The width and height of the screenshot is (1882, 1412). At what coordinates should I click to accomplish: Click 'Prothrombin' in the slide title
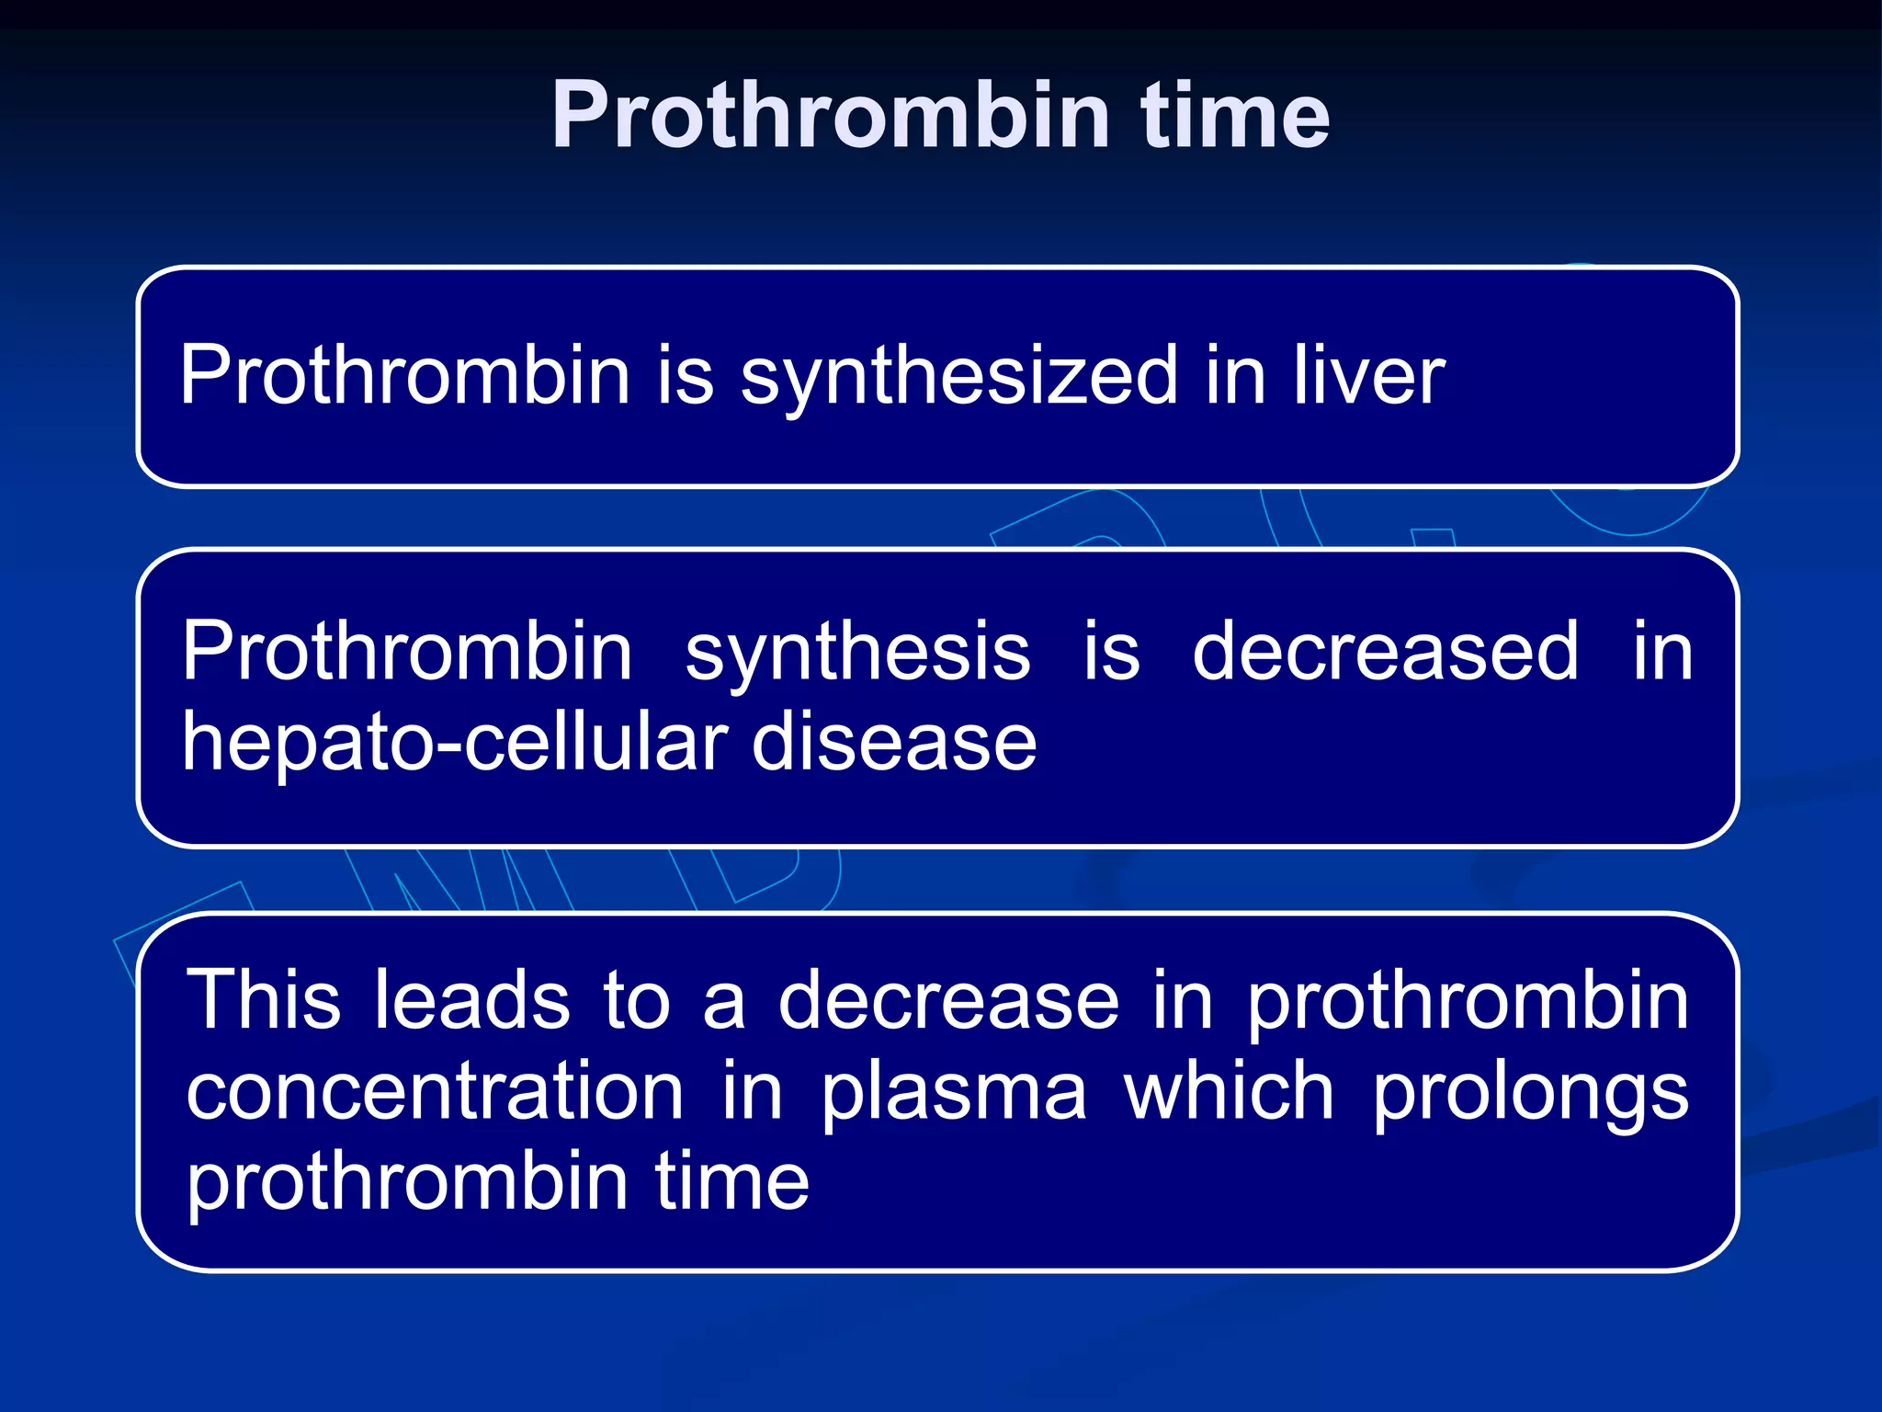[x=831, y=116]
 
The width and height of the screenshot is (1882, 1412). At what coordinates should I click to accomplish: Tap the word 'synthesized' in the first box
[x=958, y=377]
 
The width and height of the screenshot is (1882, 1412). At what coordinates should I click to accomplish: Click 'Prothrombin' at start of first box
[x=404, y=375]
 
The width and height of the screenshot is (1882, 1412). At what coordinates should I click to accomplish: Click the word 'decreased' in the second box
[x=1385, y=651]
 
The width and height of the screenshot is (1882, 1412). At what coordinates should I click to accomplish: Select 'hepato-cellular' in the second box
[x=455, y=743]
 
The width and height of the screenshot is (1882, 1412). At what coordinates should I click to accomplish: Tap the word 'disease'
[x=894, y=743]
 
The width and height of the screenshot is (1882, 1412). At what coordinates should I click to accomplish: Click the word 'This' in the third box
[x=264, y=1000]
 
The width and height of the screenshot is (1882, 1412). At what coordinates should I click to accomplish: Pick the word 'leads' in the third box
[x=471, y=1000]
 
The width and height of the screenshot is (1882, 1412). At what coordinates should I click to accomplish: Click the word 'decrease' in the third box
[x=948, y=1000]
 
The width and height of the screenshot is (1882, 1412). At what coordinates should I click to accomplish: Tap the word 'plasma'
[x=953, y=1094]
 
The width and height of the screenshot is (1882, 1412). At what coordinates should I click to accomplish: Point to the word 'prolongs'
[x=1530, y=1094]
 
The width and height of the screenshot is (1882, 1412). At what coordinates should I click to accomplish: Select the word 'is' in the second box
[x=1111, y=651]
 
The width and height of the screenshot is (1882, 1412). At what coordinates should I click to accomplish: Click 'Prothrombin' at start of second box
[x=407, y=651]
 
